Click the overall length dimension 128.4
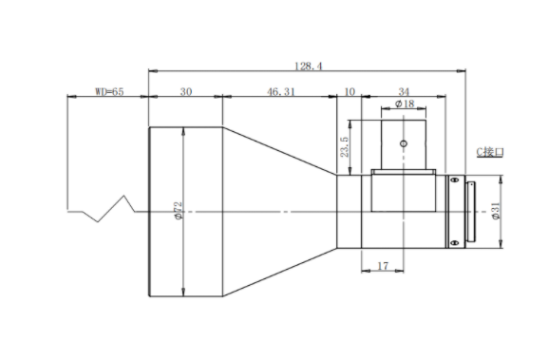309,66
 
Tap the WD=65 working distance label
109,91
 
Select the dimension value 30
186,91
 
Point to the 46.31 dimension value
281,91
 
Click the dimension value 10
350,91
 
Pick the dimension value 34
404,91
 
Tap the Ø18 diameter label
405,104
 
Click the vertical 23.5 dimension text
344,147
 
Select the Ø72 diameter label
178,211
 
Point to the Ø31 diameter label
496,211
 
